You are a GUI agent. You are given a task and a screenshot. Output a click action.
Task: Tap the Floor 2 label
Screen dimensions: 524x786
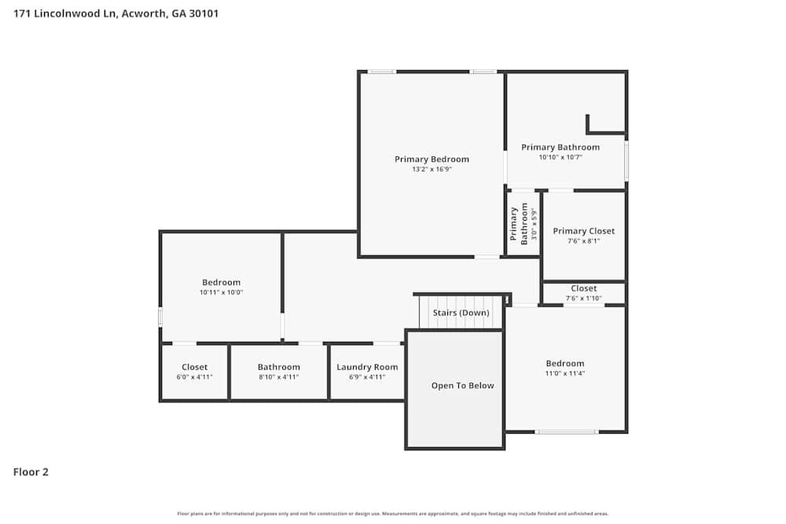[x=31, y=472]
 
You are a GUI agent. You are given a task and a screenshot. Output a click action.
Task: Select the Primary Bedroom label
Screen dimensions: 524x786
[x=432, y=159]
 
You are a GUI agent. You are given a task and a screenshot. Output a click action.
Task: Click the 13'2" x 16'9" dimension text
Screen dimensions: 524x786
[x=432, y=170]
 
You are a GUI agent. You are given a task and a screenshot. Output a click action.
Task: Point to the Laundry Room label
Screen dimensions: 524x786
[x=367, y=367]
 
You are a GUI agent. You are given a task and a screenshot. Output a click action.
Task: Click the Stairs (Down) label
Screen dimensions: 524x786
[x=461, y=313]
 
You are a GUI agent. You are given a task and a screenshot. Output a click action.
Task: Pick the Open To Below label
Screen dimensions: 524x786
[x=462, y=386]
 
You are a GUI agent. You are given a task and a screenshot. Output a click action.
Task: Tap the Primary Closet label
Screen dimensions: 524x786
[x=583, y=231]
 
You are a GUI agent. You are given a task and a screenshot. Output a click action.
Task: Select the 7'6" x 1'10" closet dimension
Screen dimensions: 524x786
[x=583, y=298]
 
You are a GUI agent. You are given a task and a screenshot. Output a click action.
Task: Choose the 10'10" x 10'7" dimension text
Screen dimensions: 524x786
[x=560, y=157]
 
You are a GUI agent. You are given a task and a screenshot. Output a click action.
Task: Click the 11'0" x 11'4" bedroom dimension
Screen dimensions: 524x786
[x=565, y=373]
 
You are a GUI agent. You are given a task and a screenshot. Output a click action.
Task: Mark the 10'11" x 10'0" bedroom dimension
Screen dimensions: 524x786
[x=221, y=292]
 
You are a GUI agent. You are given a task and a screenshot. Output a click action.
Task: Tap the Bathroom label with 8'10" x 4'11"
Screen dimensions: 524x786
[x=278, y=367]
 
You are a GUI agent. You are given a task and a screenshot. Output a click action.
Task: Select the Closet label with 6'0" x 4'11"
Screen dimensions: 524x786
[x=194, y=367]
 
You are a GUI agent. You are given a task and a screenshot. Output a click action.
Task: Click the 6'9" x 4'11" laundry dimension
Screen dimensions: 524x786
[x=367, y=377]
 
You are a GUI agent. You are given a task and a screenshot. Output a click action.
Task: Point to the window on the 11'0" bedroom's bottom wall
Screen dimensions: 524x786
[x=566, y=431]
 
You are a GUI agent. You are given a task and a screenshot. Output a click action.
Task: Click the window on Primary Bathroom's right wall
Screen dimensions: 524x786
[x=626, y=159]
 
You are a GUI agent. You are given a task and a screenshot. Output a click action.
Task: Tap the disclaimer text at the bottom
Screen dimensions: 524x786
[x=393, y=514]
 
